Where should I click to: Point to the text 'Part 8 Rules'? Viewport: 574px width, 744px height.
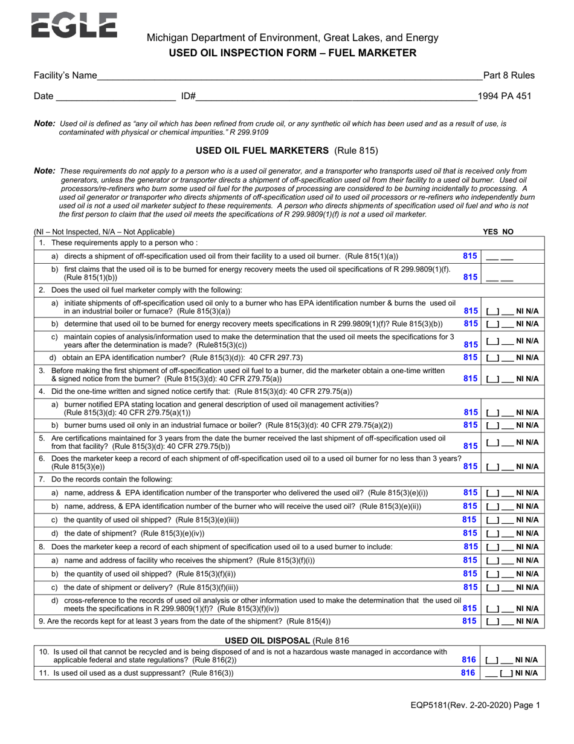tap(509, 76)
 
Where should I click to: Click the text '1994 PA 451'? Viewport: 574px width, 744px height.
tap(505, 96)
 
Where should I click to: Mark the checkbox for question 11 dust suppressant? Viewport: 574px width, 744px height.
tap(506, 673)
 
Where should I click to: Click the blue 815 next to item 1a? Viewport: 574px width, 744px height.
tap(469, 256)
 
